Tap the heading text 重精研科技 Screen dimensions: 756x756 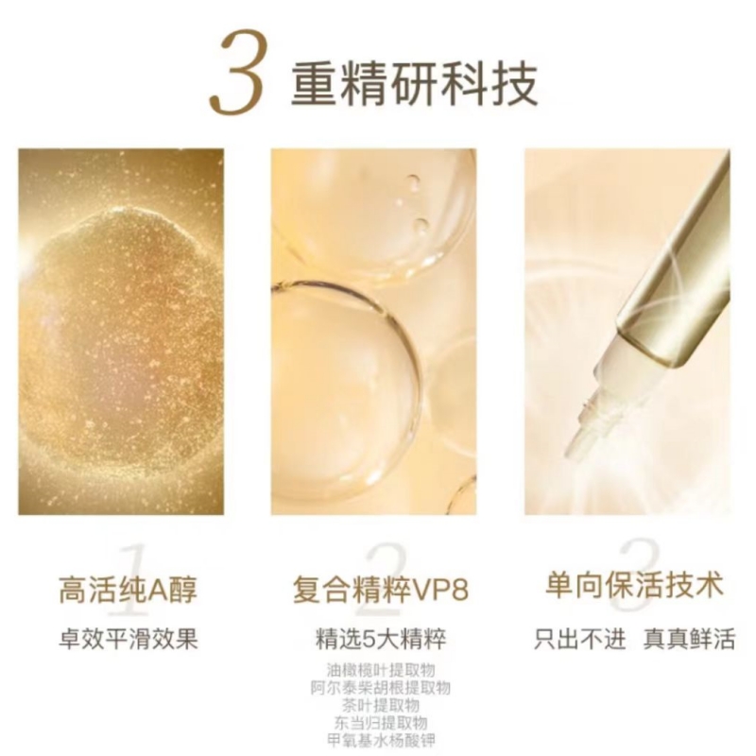click(x=414, y=84)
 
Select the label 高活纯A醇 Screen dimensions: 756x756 click(x=128, y=589)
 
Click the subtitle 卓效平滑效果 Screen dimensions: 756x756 click(x=129, y=640)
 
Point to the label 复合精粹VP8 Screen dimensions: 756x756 click(x=381, y=589)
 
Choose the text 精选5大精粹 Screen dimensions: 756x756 click(x=381, y=640)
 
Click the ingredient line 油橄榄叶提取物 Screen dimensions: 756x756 click(x=381, y=670)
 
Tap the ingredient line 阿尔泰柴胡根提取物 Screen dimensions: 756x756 click(x=381, y=688)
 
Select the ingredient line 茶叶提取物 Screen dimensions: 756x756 click(x=381, y=705)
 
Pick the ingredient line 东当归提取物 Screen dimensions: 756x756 click(x=381, y=723)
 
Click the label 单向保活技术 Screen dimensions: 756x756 click(x=634, y=585)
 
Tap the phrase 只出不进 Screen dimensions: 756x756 click(x=580, y=640)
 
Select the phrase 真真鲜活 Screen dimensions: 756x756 click(x=690, y=640)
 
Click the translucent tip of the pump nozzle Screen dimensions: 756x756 click(x=574, y=441)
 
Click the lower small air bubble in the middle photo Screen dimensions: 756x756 click(x=421, y=226)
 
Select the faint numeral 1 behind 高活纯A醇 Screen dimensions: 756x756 click(x=129, y=578)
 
